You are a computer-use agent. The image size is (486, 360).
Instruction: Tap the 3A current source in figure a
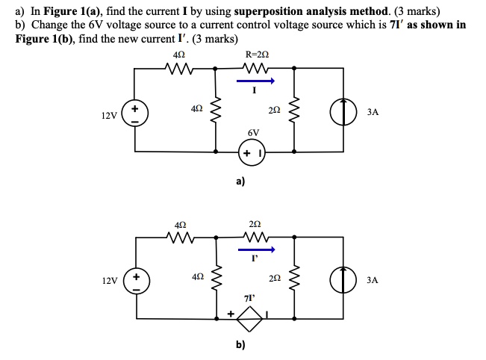[x=343, y=112]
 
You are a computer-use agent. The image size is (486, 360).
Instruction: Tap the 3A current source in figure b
[x=343, y=280]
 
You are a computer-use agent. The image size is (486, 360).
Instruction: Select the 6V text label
[x=253, y=132]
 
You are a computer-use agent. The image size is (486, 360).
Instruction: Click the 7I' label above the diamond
[x=252, y=299]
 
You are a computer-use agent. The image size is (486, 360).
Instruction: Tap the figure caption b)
[x=240, y=346]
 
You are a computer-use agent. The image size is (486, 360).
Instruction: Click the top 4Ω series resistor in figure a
[x=179, y=69]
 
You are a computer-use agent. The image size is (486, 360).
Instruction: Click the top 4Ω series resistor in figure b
[x=179, y=238]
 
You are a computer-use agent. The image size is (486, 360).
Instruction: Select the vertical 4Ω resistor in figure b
[x=216, y=278]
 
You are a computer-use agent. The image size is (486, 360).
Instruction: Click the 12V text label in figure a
[x=109, y=116]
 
